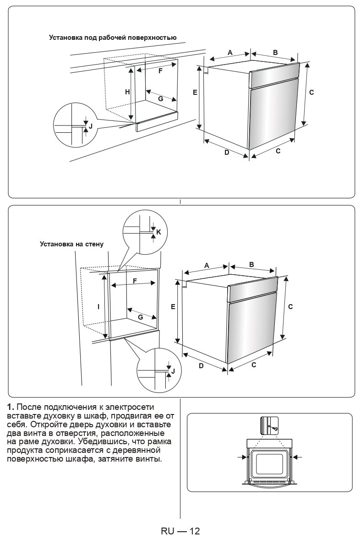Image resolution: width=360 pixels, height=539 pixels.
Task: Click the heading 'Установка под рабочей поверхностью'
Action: coord(113,38)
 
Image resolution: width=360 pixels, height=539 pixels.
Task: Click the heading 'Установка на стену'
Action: coord(71,244)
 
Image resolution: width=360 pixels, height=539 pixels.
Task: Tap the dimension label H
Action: coord(127,92)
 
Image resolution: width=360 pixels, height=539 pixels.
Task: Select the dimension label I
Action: coord(98,306)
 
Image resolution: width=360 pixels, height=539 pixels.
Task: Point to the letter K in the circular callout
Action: coord(158,232)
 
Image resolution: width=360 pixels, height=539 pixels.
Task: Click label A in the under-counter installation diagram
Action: coord(230,53)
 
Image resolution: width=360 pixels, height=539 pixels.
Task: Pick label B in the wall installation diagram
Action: coord(252,265)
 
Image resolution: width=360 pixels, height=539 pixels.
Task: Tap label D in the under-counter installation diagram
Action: coord(226,152)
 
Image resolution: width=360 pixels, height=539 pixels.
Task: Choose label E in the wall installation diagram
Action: coord(173,307)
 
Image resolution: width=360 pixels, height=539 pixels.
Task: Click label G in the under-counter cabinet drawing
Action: coord(160,98)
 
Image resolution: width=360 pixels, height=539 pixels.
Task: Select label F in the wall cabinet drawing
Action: coord(135,281)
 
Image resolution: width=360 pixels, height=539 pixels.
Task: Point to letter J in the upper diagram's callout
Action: coord(90,125)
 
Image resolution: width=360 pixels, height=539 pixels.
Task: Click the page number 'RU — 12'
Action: coord(180,531)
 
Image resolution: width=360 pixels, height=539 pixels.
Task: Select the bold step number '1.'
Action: coord(11,407)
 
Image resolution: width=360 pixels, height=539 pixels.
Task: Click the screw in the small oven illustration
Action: coord(273,428)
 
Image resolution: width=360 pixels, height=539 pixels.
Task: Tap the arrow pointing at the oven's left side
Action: coord(242,457)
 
